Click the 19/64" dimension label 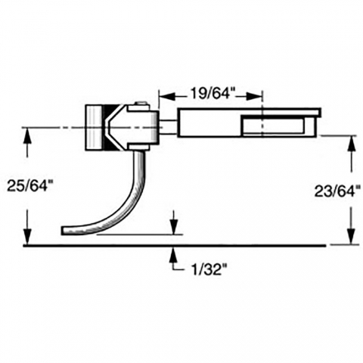pos(211,94)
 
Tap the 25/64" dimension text pos(29,186)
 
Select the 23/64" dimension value pos(335,192)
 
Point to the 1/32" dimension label pos(209,270)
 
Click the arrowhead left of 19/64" pos(167,96)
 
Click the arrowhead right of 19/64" pos(254,96)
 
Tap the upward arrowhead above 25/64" pos(27,137)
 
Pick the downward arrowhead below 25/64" pos(27,237)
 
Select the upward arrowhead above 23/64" pos(351,144)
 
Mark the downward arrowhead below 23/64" pos(351,236)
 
